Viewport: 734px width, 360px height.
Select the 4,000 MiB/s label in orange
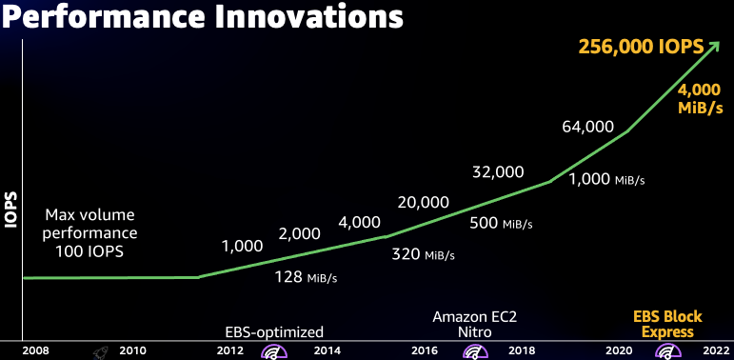[x=699, y=98]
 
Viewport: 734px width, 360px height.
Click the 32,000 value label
[x=498, y=171]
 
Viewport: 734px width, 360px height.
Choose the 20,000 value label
[x=423, y=202]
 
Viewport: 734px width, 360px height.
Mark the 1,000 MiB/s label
[x=606, y=179]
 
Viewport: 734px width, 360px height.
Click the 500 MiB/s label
[x=502, y=223]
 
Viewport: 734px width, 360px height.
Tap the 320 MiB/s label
[x=424, y=254]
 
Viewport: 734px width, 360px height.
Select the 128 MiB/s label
[x=307, y=277]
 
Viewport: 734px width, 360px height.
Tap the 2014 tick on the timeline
[x=327, y=350]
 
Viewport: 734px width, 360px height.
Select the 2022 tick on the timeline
[x=715, y=350]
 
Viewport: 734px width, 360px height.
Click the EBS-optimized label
[x=274, y=331]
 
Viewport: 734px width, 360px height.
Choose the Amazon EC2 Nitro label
[x=474, y=324]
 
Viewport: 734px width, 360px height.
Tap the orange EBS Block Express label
[x=667, y=324]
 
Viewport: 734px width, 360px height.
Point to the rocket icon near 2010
[x=99, y=350]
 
